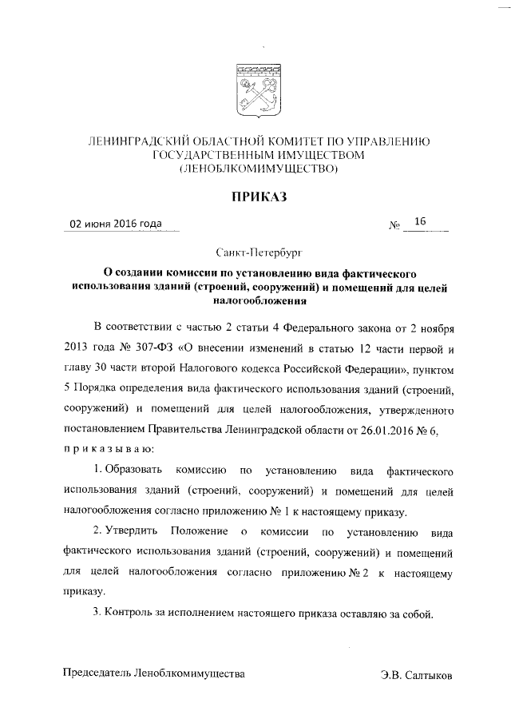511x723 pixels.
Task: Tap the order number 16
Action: coord(421,222)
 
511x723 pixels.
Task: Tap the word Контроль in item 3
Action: coord(130,613)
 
